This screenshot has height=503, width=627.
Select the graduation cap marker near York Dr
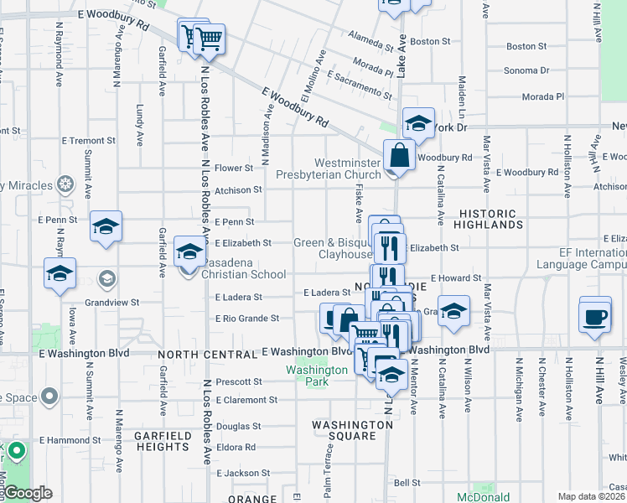click(x=418, y=124)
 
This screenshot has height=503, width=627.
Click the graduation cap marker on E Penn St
click(x=106, y=226)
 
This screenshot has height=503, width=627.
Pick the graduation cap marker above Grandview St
click(x=60, y=273)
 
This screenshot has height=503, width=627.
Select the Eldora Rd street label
click(x=236, y=448)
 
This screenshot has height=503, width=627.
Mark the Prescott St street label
click(x=239, y=381)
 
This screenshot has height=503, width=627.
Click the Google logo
click(x=28, y=494)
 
